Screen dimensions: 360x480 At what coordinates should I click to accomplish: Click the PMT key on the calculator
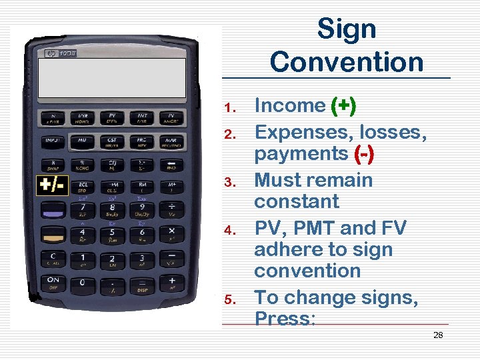tap(141, 118)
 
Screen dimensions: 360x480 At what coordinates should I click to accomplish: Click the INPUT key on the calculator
tap(52, 142)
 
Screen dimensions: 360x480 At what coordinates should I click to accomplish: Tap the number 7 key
tap(82, 211)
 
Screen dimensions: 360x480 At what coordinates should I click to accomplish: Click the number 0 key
tap(82, 283)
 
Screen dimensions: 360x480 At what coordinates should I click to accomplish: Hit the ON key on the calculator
tap(52, 283)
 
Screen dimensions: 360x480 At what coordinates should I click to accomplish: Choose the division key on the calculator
tap(172, 211)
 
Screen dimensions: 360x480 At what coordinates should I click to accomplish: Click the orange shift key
tap(52, 235)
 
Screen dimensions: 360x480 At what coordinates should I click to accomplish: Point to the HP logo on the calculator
tap(51, 53)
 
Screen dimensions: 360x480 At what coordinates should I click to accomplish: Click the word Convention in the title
tap(347, 61)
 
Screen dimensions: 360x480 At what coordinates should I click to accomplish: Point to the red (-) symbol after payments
tap(364, 153)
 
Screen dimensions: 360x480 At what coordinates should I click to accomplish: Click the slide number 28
tap(438, 335)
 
